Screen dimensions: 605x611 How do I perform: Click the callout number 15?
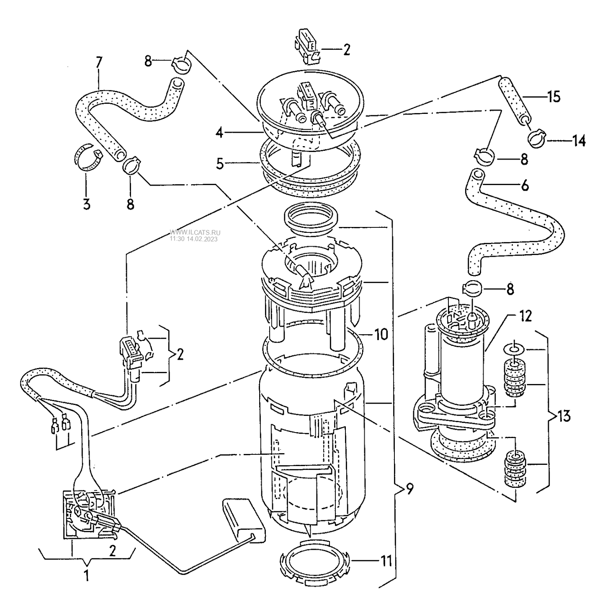coord(554,96)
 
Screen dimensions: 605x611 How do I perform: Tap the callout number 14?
coord(579,140)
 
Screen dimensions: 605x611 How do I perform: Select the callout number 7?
coord(99,62)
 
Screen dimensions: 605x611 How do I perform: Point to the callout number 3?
coord(87,204)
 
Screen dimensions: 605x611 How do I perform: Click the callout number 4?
coord(219,132)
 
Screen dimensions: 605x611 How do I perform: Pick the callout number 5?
coord(220,164)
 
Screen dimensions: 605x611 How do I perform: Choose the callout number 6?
coord(525,185)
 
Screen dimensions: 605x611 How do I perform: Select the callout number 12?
coord(525,316)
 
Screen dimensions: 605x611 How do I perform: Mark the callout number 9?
coord(409,489)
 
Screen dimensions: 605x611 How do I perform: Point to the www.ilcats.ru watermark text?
coord(195,232)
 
